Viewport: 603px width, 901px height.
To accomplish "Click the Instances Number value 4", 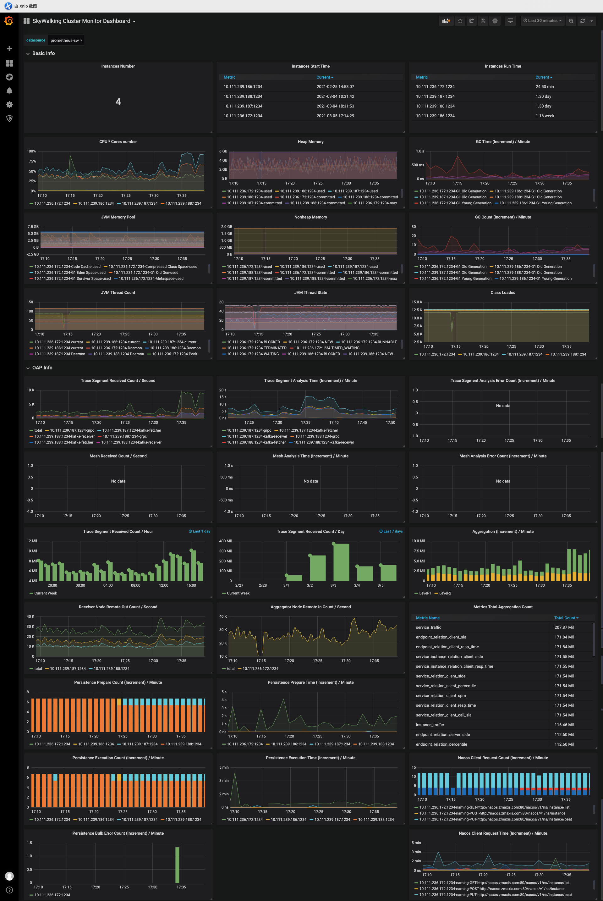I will [x=118, y=102].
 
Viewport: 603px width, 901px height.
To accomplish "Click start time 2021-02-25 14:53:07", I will [x=335, y=86].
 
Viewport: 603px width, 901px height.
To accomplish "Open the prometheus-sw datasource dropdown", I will [x=66, y=40].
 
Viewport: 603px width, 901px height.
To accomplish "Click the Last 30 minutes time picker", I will [x=542, y=21].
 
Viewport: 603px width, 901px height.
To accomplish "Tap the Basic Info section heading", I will [x=43, y=53].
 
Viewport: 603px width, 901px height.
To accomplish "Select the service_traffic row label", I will [x=428, y=627].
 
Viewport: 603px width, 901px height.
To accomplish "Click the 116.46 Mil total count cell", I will [x=564, y=725].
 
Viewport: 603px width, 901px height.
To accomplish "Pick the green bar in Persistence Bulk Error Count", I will [x=177, y=865].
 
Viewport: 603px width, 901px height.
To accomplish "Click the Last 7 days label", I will [x=391, y=531].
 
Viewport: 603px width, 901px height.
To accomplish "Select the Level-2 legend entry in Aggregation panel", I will [x=445, y=593].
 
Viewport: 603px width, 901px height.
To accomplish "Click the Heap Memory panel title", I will [x=310, y=141].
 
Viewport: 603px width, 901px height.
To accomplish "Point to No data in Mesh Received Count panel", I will [x=118, y=481].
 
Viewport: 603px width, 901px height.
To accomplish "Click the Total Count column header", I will [x=566, y=618].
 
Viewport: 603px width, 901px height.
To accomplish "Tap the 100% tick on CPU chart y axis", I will [x=31, y=151].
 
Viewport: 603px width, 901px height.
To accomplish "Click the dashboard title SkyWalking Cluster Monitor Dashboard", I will [x=81, y=21].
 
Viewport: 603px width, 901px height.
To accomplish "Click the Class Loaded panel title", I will [x=503, y=292].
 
